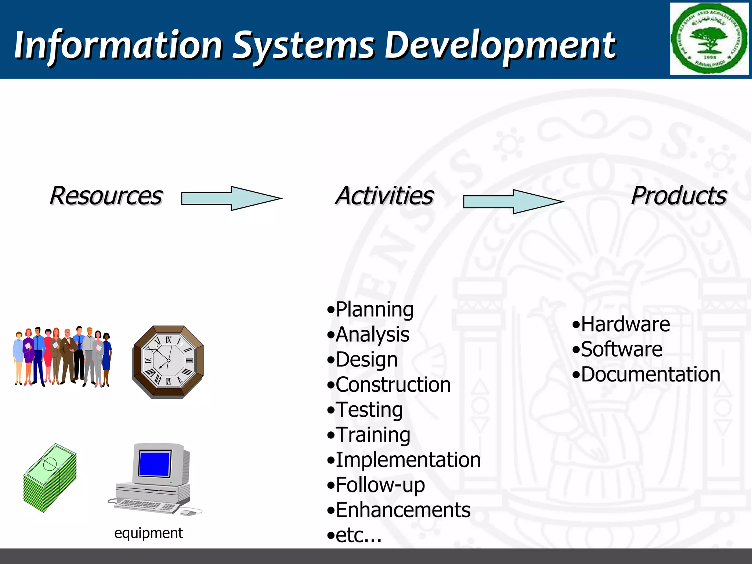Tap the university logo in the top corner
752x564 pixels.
709,39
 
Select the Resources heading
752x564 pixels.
106,196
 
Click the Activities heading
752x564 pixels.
384,196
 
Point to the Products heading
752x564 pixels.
679,196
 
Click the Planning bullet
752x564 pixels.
374,309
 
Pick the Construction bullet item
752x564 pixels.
392,384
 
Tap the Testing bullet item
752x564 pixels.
369,409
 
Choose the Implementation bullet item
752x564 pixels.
408,460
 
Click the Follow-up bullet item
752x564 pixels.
380,485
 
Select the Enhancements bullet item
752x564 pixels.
402,510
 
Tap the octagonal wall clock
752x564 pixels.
168,362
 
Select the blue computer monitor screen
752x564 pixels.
155,463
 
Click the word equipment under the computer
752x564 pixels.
148,533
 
